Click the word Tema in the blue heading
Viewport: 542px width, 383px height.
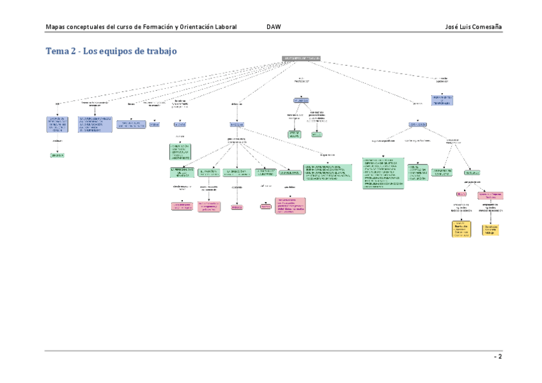coord(56,51)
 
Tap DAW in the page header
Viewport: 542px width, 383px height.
coord(274,27)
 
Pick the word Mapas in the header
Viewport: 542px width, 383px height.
coord(57,27)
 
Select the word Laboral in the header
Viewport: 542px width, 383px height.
coord(223,27)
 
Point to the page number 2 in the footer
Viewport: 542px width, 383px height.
coord(500,357)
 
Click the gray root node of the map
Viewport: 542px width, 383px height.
coord(300,58)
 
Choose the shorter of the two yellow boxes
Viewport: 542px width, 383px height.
coord(491,229)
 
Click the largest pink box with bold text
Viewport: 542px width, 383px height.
coord(290,205)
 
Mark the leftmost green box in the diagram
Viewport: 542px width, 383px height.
coord(58,155)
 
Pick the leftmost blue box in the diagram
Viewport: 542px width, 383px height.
coord(58,124)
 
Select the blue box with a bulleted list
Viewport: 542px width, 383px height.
coord(95,124)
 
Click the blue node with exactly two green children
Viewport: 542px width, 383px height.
coord(301,101)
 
